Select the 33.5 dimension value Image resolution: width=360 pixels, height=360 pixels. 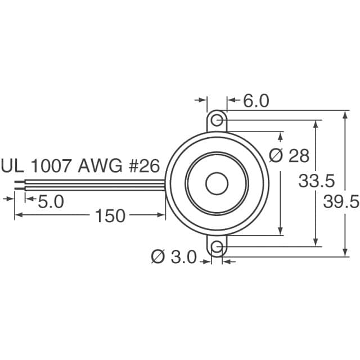click(317, 181)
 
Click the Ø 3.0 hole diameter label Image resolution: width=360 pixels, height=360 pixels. click(174, 258)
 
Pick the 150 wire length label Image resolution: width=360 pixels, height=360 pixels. click(110, 215)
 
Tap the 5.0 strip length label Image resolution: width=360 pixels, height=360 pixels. click(51, 201)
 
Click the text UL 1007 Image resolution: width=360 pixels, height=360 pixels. click(37, 166)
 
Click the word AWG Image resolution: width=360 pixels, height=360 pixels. click(96, 166)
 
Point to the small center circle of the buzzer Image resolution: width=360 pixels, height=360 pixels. click(216, 184)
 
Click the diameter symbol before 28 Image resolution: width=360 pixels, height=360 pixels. click(276, 156)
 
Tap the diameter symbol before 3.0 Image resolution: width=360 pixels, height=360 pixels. click(158, 258)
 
